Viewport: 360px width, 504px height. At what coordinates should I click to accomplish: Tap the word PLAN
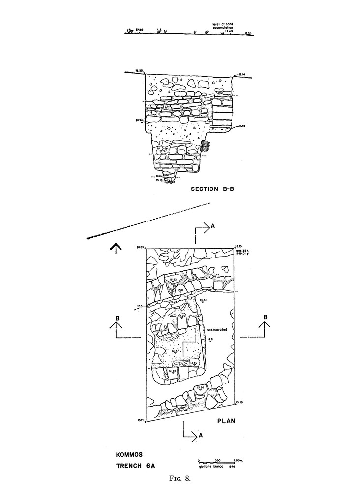(226, 421)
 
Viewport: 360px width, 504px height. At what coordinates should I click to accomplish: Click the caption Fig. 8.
(180, 481)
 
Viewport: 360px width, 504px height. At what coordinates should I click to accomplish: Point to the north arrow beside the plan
(116, 248)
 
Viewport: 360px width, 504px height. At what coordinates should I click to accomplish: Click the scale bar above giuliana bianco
(217, 460)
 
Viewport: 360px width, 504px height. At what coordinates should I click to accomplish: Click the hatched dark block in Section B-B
(205, 146)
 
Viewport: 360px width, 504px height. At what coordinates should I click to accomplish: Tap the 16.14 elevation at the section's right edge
(241, 74)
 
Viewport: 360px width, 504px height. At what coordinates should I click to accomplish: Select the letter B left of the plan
(117, 318)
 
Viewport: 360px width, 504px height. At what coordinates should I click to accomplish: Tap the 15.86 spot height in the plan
(200, 388)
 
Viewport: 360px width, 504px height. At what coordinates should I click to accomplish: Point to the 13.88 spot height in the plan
(173, 370)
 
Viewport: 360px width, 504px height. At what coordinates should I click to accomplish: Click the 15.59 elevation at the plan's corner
(240, 403)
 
